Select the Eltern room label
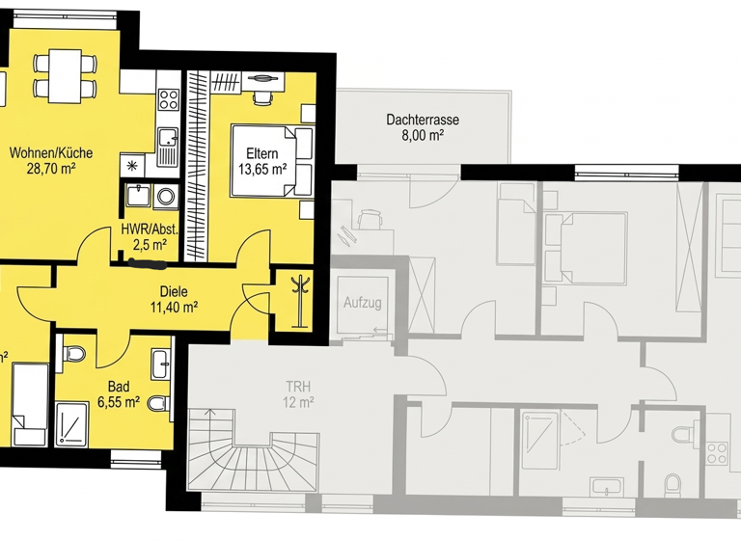(x=263, y=151)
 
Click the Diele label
(x=174, y=292)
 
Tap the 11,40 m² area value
(x=174, y=308)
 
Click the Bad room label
(x=119, y=386)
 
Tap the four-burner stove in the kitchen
(x=169, y=98)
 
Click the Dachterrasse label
(x=422, y=121)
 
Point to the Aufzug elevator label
(x=363, y=303)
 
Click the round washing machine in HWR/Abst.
(x=166, y=197)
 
